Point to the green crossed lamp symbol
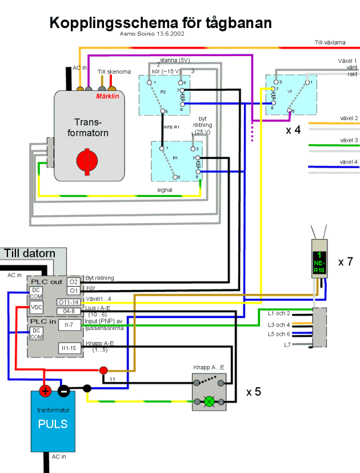pos(209,402)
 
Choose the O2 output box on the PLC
pos(73,282)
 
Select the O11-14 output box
pos(69,302)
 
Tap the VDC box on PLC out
pos(36,307)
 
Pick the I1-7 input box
pos(70,325)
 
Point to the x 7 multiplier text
pos(345,262)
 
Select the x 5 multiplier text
pos(254,392)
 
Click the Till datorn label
pos(30,253)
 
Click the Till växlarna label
pos(330,42)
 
